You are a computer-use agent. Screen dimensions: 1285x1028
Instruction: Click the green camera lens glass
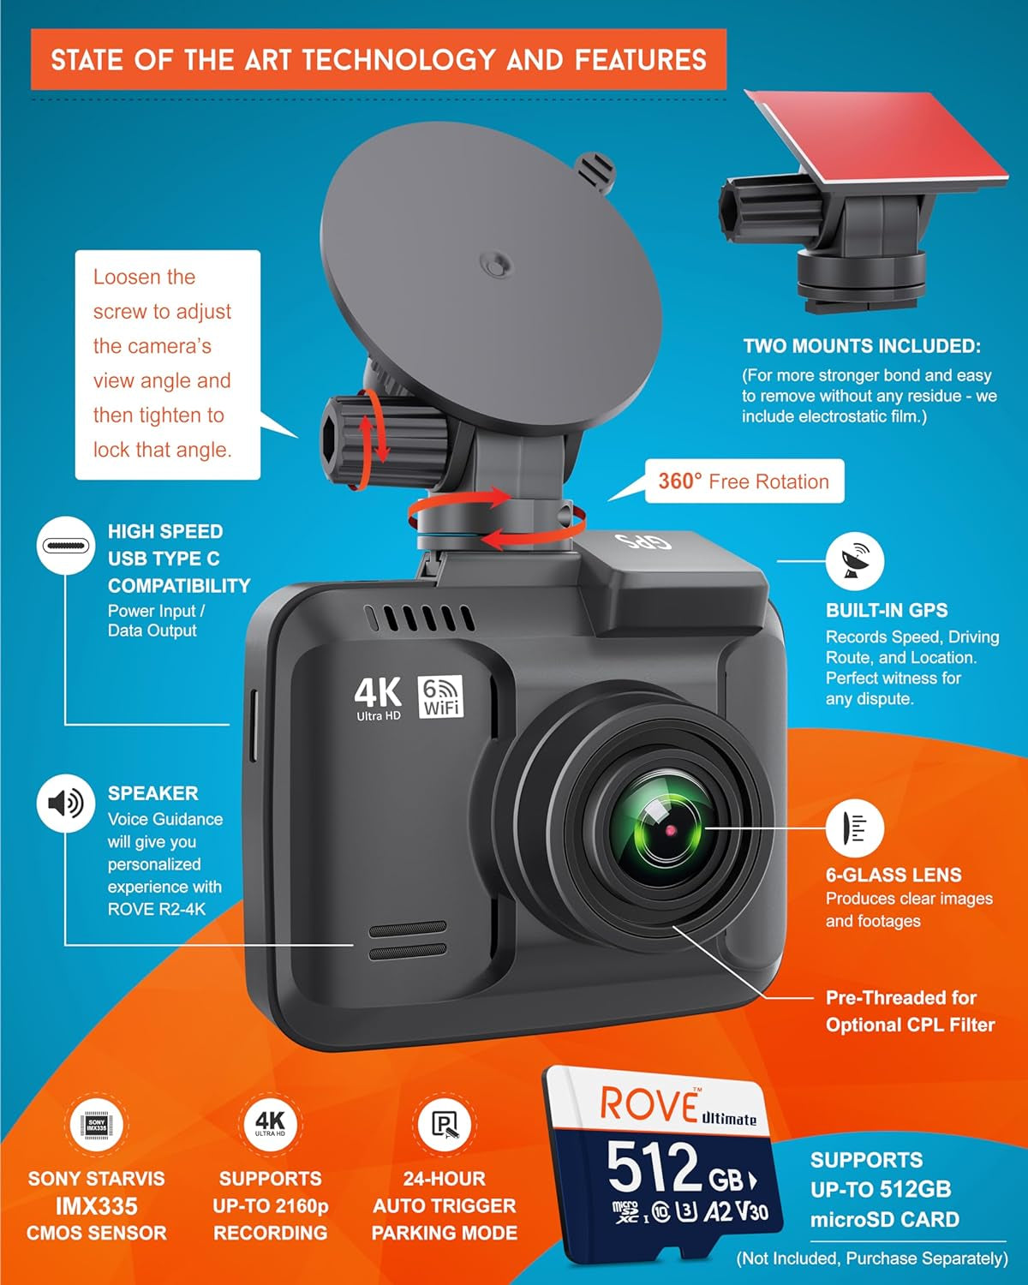click(660, 829)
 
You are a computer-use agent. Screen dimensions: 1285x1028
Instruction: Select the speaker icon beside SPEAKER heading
click(65, 803)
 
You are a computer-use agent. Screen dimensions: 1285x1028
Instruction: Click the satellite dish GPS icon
click(854, 561)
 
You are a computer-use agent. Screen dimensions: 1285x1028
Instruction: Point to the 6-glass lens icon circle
click(854, 828)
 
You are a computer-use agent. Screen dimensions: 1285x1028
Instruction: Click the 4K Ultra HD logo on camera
click(378, 697)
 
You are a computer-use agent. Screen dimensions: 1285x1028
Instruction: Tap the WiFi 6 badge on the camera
click(441, 696)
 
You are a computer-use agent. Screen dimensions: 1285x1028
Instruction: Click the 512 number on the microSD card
click(653, 1168)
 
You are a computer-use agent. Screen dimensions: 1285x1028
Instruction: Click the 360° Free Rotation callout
click(743, 481)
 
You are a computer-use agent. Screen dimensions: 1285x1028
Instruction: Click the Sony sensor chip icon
click(97, 1125)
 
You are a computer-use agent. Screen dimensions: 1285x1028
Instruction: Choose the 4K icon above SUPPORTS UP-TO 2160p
click(270, 1124)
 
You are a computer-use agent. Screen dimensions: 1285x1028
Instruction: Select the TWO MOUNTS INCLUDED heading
click(862, 346)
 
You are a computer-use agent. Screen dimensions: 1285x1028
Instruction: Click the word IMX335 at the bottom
click(97, 1206)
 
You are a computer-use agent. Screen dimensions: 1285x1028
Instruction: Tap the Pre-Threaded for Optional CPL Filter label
click(910, 1011)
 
